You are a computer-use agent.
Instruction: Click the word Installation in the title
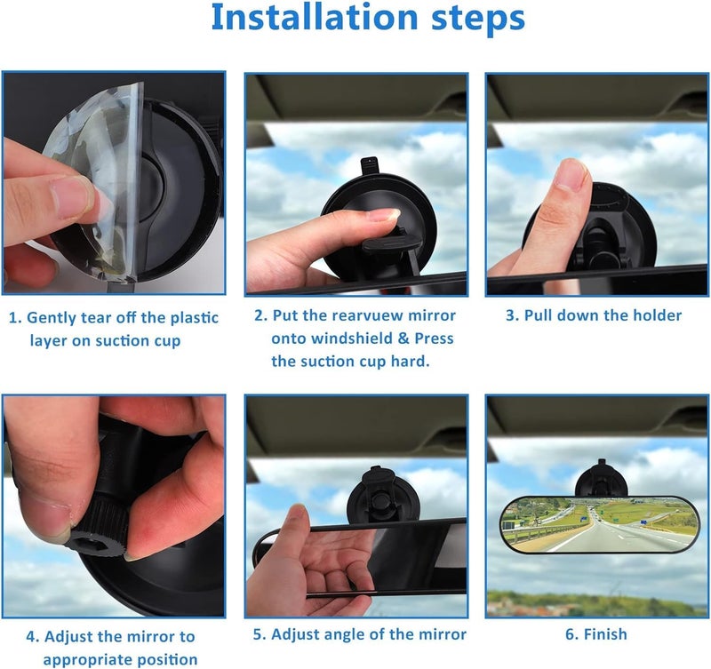(315, 17)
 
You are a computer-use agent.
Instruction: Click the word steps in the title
(478, 17)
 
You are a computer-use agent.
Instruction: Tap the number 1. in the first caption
(16, 318)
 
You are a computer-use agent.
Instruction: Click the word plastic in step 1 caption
(194, 318)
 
